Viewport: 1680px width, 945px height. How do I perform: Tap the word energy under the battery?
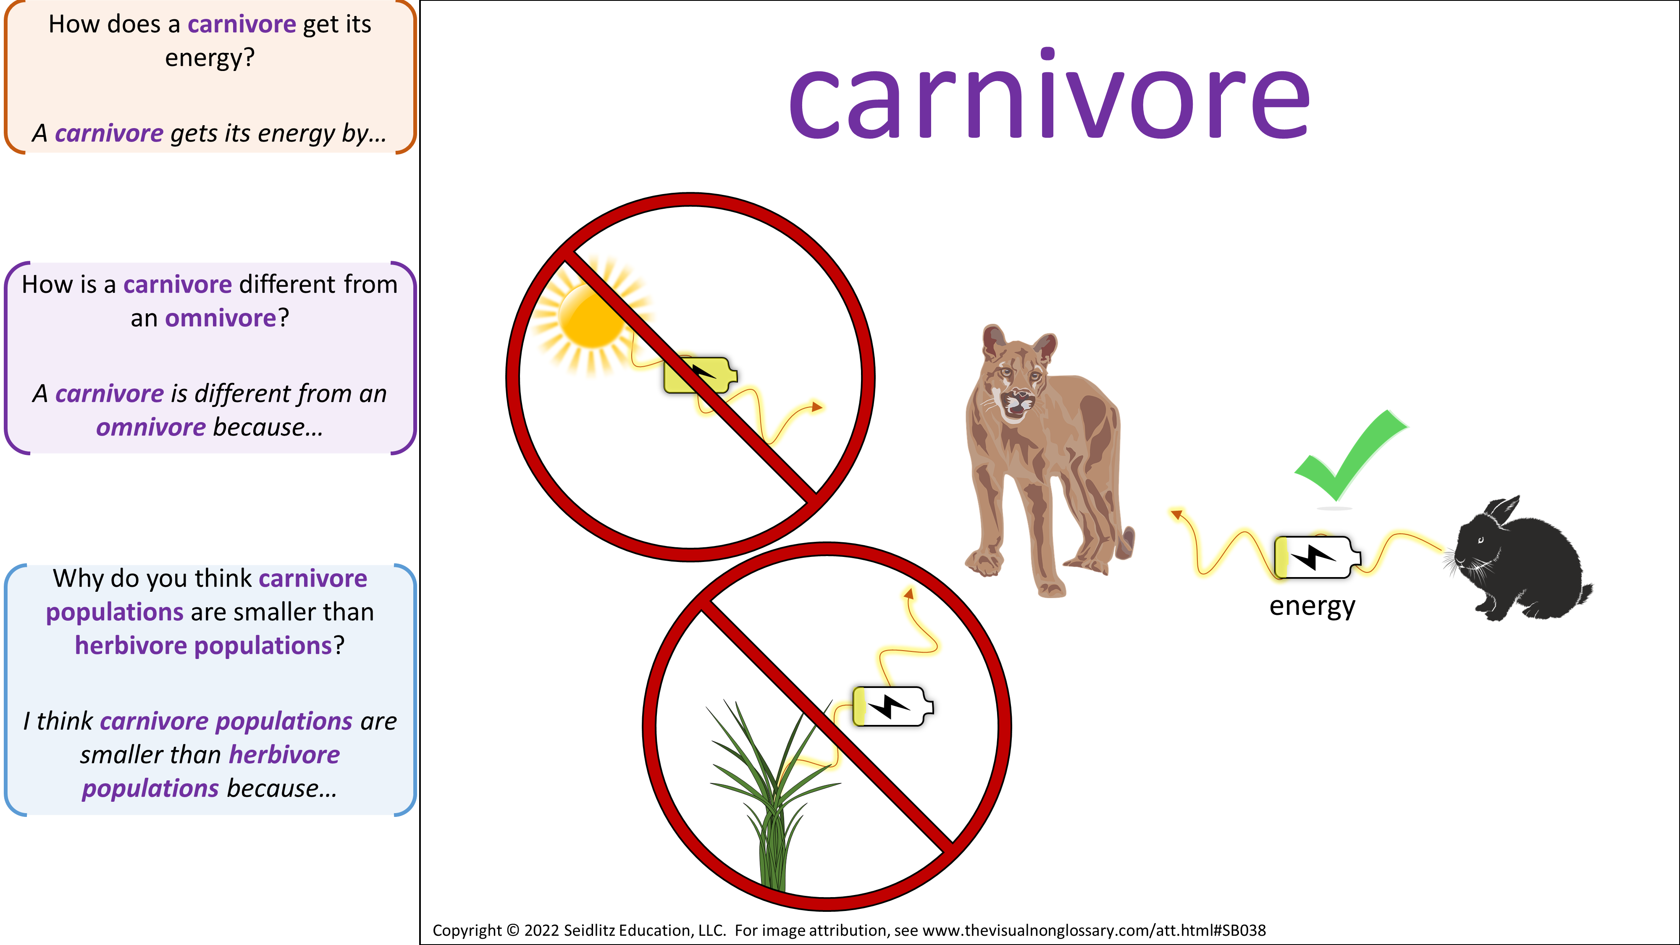[1312, 606]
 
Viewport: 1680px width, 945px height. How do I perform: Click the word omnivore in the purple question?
[221, 318]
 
